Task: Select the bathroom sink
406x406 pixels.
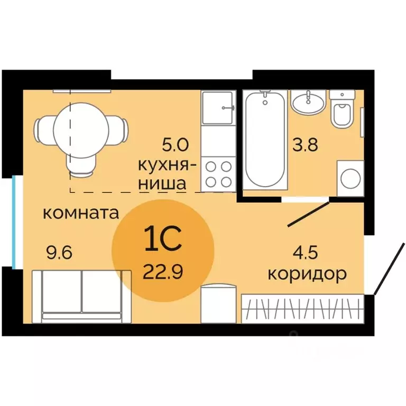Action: pyautogui.click(x=308, y=101)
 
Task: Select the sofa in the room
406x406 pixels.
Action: pyautogui.click(x=81, y=296)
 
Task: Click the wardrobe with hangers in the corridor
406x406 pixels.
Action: pyautogui.click(x=303, y=308)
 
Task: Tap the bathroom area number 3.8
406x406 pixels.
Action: pyautogui.click(x=306, y=144)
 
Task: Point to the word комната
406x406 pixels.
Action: pyautogui.click(x=80, y=214)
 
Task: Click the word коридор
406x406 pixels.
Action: pyautogui.click(x=307, y=274)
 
